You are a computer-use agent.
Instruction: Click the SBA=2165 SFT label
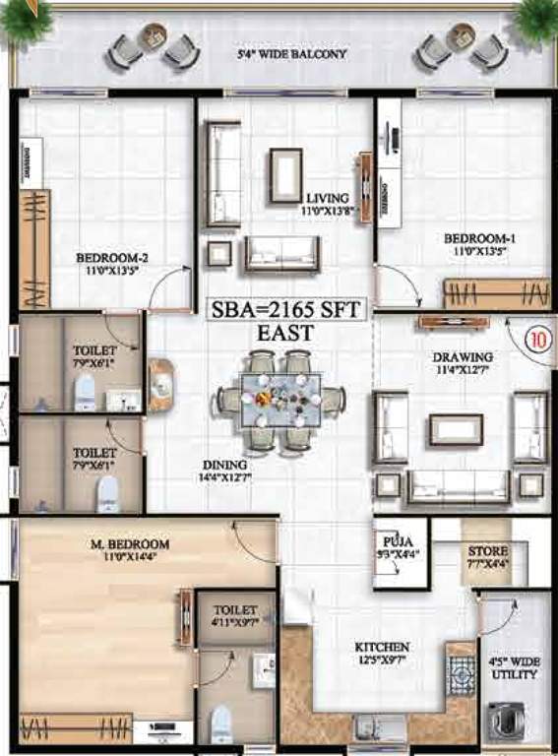(286, 308)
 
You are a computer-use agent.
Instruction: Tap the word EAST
(285, 333)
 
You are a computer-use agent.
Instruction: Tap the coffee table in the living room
(286, 174)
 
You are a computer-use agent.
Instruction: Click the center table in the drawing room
(456, 429)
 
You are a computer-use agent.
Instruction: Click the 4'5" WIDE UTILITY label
(514, 668)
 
